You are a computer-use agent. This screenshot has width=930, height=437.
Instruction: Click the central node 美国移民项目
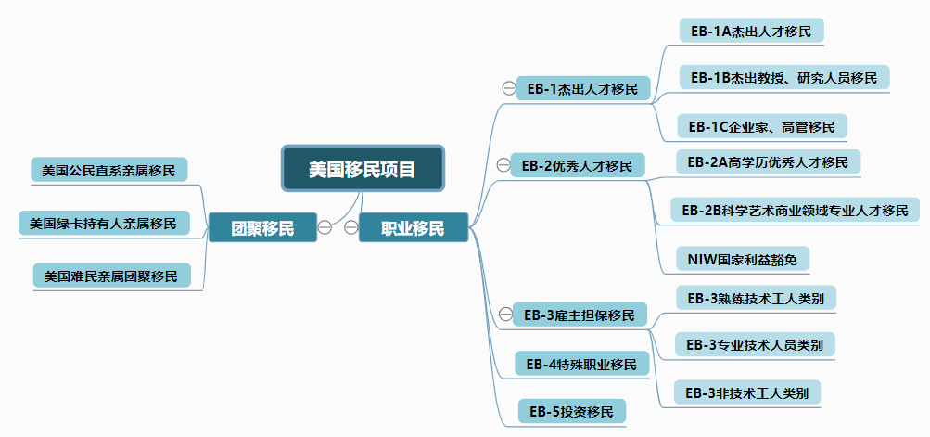point(363,169)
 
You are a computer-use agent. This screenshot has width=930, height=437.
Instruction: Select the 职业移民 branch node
point(413,227)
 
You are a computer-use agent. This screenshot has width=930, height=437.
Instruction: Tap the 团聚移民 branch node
point(262,227)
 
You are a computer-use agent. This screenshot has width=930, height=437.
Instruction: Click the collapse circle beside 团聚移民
point(325,226)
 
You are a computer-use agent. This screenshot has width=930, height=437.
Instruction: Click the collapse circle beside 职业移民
point(351,226)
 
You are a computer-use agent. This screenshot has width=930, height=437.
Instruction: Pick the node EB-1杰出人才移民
point(582,89)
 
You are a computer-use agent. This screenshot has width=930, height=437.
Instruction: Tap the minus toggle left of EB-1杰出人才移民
point(508,88)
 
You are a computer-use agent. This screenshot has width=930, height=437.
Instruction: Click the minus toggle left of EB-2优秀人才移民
point(503,166)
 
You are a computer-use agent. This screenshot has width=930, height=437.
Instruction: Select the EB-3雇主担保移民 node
point(579,315)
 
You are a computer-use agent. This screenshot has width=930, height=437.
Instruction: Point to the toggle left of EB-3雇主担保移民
point(504,315)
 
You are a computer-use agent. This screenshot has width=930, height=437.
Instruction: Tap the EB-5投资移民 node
point(571,411)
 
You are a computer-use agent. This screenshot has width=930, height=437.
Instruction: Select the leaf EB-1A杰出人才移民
point(751,31)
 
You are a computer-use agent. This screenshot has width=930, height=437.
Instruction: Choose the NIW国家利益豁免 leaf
point(743,259)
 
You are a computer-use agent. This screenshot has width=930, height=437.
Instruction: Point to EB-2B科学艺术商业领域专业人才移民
point(795,210)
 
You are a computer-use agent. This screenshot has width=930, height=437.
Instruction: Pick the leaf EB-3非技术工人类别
point(747,393)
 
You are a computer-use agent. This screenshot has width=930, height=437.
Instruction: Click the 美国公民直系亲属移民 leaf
point(108,171)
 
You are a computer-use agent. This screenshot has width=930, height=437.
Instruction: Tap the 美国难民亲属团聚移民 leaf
point(110,276)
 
